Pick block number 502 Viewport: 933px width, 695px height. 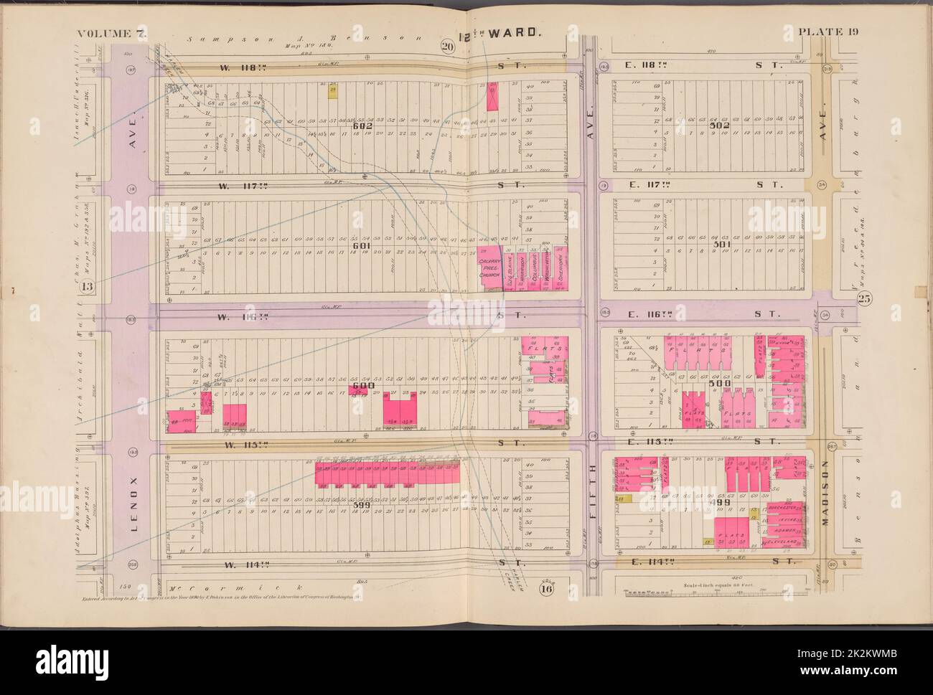[x=718, y=126]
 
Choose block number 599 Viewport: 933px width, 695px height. [x=362, y=505]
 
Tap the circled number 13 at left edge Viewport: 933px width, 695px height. [x=88, y=288]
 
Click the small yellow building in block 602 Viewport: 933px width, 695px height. [x=332, y=91]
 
